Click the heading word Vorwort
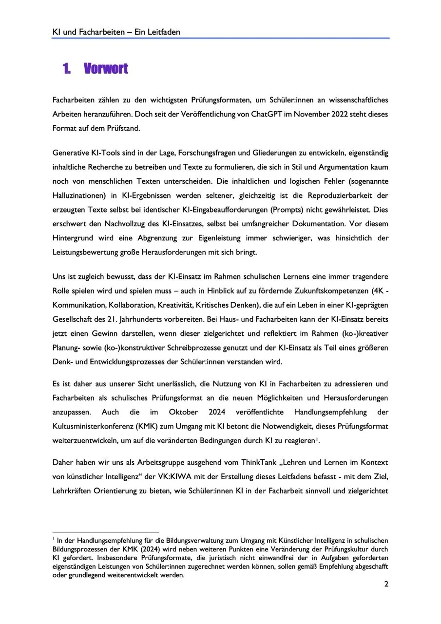[x=106, y=69]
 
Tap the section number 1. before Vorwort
[x=67, y=69]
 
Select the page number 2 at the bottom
[x=386, y=584]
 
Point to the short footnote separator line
[x=106, y=532]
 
